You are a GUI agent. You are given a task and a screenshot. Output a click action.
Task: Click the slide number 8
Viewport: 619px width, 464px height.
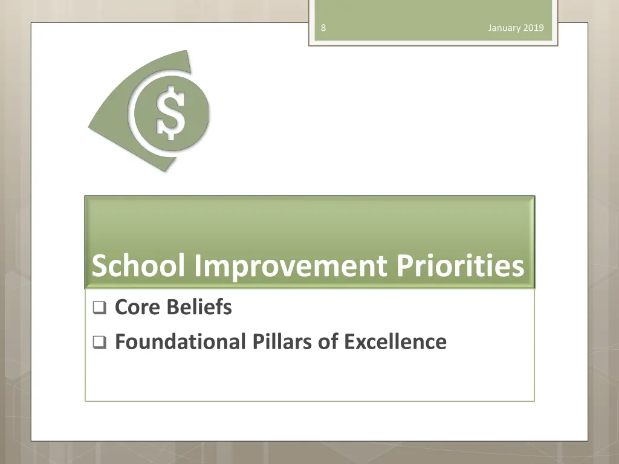[x=324, y=28]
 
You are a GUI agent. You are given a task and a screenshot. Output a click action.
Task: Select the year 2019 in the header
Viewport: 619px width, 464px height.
[x=534, y=28]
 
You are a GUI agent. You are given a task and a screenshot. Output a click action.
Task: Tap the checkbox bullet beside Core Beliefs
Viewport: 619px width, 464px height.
[x=99, y=309]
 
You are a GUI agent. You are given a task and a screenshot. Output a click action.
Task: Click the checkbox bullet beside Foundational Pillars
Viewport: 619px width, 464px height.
[x=99, y=343]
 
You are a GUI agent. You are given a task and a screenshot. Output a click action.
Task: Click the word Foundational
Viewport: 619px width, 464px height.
[x=178, y=341]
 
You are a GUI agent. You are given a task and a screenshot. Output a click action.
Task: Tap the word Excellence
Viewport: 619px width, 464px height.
[x=395, y=341]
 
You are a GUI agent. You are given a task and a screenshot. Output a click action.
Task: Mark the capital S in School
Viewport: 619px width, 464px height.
[x=100, y=266]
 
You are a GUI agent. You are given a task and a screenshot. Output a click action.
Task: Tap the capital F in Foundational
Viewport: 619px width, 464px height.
[x=120, y=341]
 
